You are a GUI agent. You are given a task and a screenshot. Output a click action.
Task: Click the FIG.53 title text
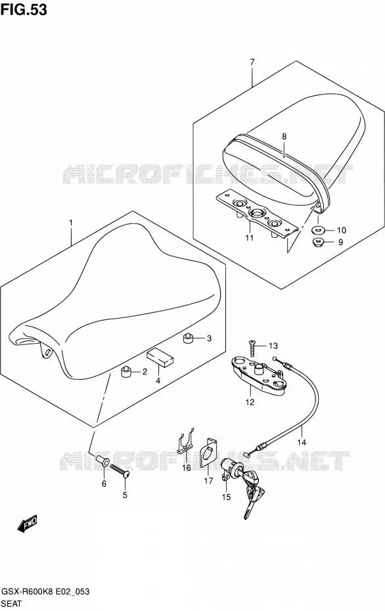point(24,9)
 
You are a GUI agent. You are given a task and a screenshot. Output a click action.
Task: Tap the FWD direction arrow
point(28,524)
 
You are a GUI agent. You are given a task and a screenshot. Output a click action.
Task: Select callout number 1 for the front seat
point(71,223)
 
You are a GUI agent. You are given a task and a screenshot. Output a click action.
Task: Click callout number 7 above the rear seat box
point(252,62)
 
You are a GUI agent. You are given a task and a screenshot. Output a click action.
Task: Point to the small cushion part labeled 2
point(126,372)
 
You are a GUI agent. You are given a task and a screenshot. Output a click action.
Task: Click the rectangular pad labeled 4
point(160,357)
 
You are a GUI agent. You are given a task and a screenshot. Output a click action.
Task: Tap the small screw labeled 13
point(252,348)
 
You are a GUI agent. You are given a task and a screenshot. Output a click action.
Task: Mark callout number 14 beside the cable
point(302,442)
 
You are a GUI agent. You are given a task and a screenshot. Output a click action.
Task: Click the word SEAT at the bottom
point(12,604)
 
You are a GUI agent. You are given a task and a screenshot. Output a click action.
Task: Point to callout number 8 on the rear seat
point(284,137)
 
